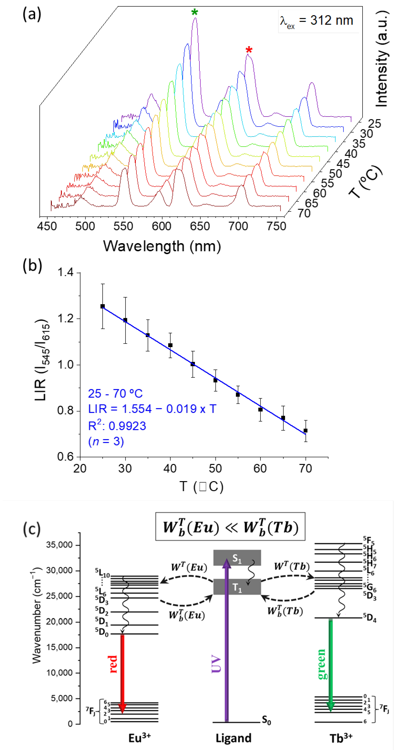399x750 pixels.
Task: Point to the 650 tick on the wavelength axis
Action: [200, 226]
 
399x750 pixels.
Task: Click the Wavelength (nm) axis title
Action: [162, 246]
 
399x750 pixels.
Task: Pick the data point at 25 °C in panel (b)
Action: [102, 306]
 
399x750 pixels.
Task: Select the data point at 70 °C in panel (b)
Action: [305, 430]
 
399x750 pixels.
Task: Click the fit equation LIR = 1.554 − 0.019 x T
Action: [152, 409]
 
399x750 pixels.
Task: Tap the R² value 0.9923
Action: [117, 426]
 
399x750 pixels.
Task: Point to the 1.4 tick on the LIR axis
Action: [66, 272]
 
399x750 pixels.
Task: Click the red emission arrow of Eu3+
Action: [122, 673]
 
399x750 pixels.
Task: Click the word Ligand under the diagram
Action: [233, 738]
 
